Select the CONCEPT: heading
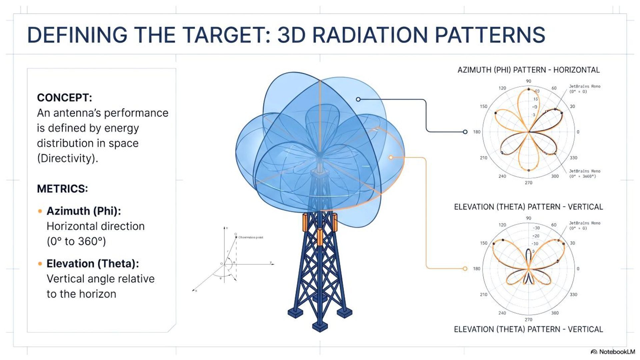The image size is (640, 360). coord(64,98)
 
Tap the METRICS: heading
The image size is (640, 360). coord(62,189)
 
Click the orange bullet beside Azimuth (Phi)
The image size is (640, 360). coord(40,211)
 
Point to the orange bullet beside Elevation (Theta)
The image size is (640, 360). coord(40,264)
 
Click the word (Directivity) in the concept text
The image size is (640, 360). coord(67,158)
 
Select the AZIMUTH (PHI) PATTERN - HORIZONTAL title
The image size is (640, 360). coord(528,70)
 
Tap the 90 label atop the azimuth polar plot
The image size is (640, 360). coord(529,81)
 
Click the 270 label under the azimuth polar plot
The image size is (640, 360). coord(529,183)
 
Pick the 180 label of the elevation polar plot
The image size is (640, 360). coord(477,269)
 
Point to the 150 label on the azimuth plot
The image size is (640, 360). coord(483,106)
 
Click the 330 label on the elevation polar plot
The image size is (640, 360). coord(573,295)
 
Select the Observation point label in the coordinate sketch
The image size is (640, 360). coord(251,237)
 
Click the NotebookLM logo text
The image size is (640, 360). coord(617,352)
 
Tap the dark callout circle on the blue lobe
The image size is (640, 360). coord(358,99)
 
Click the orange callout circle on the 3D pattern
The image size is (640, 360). coord(391,157)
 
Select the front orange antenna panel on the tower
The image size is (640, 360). coord(320,237)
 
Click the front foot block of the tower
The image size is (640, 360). coord(320,327)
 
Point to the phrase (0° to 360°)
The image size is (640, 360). coord(76,241)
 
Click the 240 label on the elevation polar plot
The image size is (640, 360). coord(502,313)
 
